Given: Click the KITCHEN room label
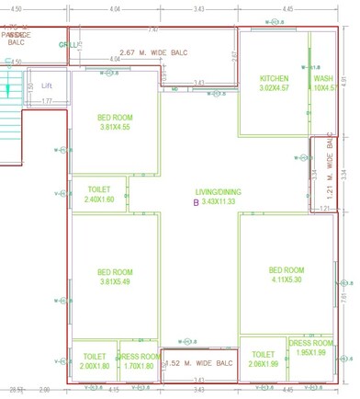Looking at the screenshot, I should point(275,79).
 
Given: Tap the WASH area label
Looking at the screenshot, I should point(323,79).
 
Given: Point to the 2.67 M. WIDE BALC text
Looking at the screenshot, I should point(153,52).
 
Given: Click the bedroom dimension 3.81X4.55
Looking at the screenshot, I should point(116,127).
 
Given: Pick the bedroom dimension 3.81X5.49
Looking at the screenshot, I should point(116,281).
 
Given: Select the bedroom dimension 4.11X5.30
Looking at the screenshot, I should point(286,279).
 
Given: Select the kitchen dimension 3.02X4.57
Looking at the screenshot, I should point(274,88).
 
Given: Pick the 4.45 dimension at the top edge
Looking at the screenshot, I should point(288,8).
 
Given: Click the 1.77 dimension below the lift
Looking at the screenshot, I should point(46,100).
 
